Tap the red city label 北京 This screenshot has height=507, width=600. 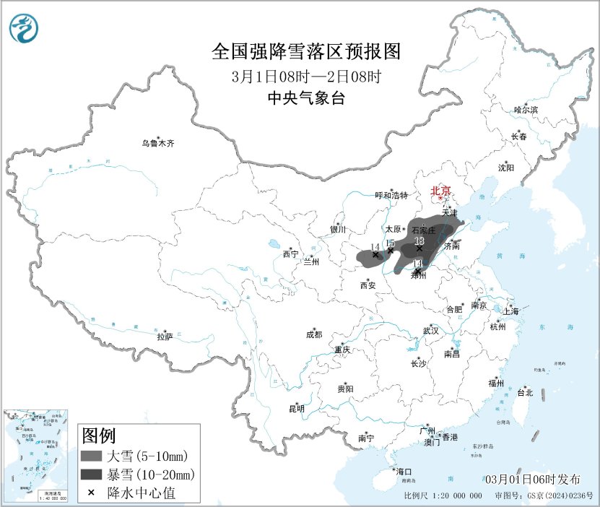[x=440, y=191]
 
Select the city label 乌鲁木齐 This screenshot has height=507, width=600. [x=157, y=144]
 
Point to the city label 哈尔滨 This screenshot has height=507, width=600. [x=526, y=110]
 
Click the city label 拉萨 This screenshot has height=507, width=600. [x=165, y=337]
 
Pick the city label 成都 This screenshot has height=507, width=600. [x=314, y=334]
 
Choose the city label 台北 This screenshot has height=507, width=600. [x=524, y=393]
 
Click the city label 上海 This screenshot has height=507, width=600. [x=512, y=311]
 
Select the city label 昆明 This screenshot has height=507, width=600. [x=297, y=409]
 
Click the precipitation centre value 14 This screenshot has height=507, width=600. [x=374, y=247]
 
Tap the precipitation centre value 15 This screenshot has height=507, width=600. [x=390, y=243]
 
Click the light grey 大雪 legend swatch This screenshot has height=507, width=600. [x=91, y=456]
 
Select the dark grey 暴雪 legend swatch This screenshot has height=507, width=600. [x=91, y=474]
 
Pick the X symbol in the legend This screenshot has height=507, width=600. [x=91, y=493]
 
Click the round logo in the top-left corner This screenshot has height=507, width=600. [x=25, y=28]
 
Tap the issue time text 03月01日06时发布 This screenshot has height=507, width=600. [x=532, y=479]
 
